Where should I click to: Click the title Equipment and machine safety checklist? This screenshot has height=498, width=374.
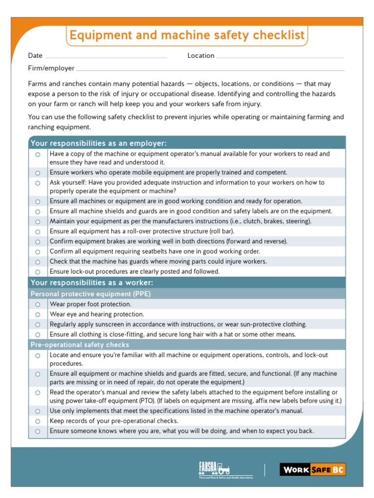coord(187,36)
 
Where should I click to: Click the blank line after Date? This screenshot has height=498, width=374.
coord(106,56)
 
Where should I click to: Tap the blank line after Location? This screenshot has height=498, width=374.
coord(280,56)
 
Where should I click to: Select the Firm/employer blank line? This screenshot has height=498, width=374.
coord(210,69)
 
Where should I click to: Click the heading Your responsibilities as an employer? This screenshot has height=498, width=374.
coord(99,143)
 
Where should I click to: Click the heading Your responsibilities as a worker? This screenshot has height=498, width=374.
coord(92,283)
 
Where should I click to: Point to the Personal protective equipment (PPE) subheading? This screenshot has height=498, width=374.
coord(91,294)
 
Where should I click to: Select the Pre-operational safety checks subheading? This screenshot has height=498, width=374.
coord(80,345)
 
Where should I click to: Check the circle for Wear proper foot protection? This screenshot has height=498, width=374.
coord(37,304)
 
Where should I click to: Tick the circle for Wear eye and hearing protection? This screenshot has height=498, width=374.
coord(37,315)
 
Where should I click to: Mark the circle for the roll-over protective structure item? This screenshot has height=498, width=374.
coord(37,231)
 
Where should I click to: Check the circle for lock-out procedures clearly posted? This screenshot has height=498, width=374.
coord(37,272)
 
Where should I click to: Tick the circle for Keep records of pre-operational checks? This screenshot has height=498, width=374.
coord(37,421)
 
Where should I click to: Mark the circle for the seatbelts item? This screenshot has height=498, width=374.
coord(37,252)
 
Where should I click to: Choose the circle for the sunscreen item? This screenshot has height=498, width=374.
coord(37,324)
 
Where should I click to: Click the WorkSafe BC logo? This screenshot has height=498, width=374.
coord(313,469)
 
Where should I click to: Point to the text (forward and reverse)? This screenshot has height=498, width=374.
coord(256,241)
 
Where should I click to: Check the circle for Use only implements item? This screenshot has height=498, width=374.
coord(37,411)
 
